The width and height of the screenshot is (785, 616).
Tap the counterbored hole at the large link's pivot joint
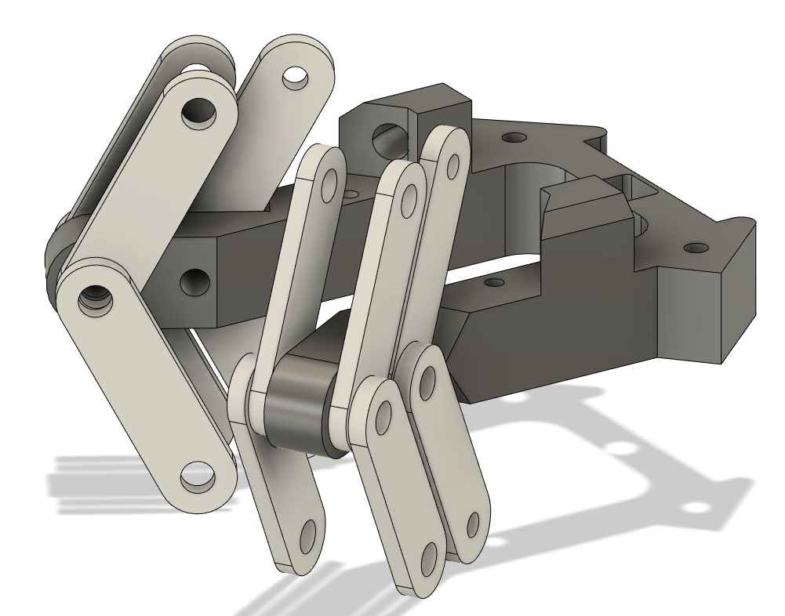(x=99, y=298)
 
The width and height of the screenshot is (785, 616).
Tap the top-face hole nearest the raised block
(x=514, y=138)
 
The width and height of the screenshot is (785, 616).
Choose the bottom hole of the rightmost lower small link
(x=473, y=522)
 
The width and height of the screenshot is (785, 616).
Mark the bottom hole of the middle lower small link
(x=430, y=557)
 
